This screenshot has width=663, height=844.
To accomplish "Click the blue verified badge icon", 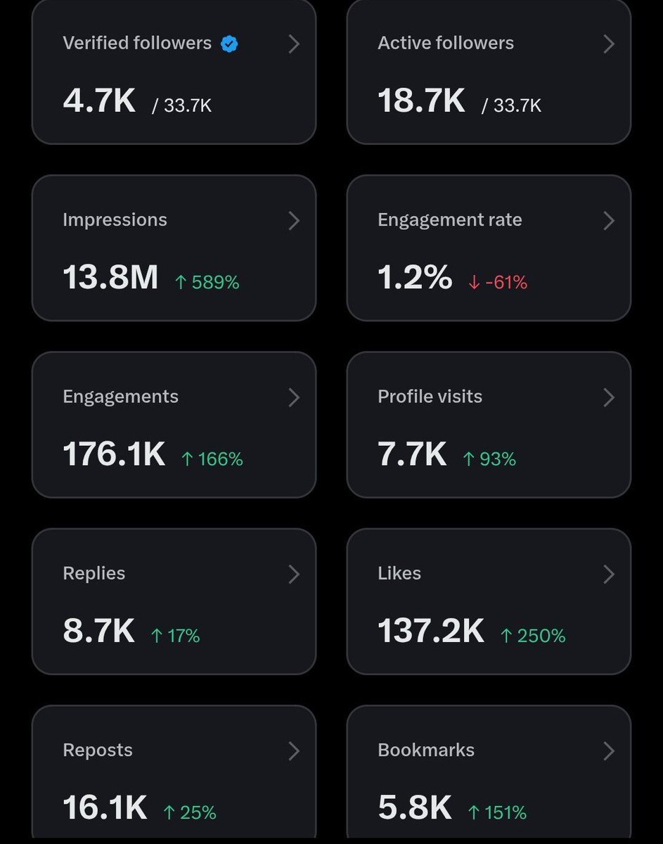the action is (x=229, y=44).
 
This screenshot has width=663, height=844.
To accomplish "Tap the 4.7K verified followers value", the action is (x=99, y=101).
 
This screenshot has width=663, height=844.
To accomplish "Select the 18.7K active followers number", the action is (x=421, y=101).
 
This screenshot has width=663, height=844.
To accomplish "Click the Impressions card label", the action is (x=115, y=220).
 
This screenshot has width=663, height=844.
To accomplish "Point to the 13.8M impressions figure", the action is (x=110, y=277).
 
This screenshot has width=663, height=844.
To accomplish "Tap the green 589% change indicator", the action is (x=207, y=282).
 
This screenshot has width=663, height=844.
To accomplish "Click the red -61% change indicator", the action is (x=498, y=282).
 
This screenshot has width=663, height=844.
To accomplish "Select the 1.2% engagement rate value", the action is (x=415, y=277).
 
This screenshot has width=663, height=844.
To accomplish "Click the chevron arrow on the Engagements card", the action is (x=294, y=397).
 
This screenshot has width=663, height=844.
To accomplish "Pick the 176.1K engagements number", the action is (x=114, y=454).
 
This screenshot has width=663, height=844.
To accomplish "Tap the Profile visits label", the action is (x=430, y=397).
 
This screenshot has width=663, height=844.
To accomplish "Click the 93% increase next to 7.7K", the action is (x=489, y=459).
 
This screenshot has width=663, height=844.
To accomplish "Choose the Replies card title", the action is (x=94, y=573).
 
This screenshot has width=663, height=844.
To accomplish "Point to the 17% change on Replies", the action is (x=176, y=636).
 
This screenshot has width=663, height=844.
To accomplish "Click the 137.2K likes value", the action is (x=431, y=631).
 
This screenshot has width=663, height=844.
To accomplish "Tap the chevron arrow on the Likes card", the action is (x=609, y=574).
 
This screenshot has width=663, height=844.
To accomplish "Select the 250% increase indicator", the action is (x=533, y=636).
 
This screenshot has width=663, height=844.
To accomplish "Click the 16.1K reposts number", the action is (x=105, y=807).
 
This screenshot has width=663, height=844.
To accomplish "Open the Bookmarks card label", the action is (x=426, y=750).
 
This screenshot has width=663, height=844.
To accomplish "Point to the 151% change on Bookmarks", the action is (x=497, y=812).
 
